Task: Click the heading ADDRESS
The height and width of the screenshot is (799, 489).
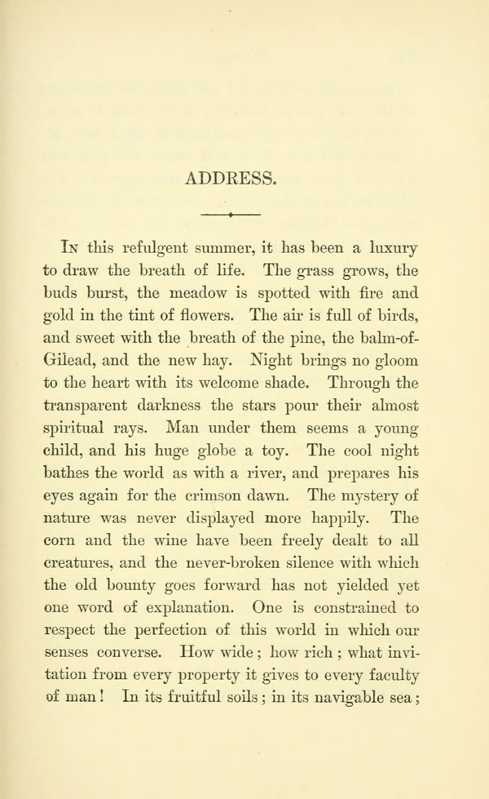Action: click(231, 176)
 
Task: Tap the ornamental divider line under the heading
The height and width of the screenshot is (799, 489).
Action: click(231, 214)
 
